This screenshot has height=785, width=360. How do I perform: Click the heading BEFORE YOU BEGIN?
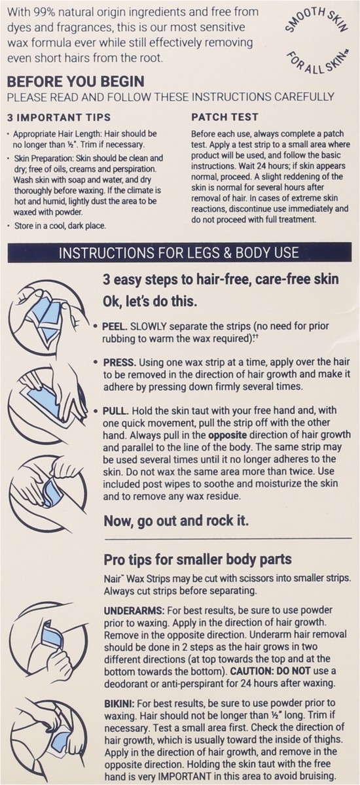[76, 83]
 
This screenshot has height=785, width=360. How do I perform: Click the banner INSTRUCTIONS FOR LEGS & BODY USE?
[179, 251]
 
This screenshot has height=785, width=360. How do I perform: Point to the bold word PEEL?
[116, 324]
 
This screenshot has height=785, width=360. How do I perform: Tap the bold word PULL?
[116, 410]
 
